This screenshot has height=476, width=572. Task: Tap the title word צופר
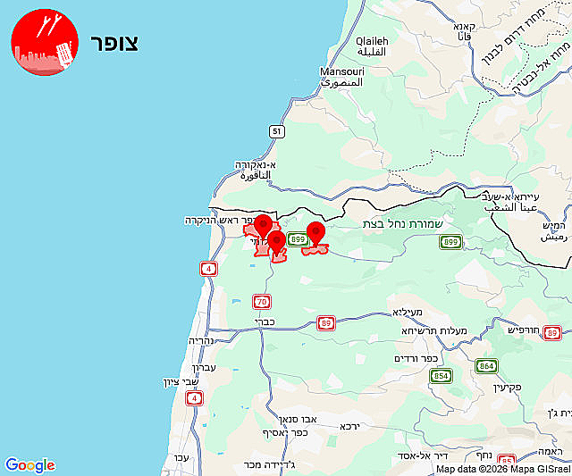pos(114,43)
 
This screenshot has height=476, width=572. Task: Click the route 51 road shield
pos(278,131)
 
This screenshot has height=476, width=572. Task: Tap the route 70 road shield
pos(261,302)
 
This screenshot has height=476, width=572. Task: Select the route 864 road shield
pos(486,366)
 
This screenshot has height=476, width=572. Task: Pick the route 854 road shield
pos(441,376)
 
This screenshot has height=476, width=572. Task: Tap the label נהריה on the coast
pos(201,340)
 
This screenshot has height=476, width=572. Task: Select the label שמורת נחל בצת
pos(411,223)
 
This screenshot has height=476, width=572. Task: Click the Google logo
pos(29,465)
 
